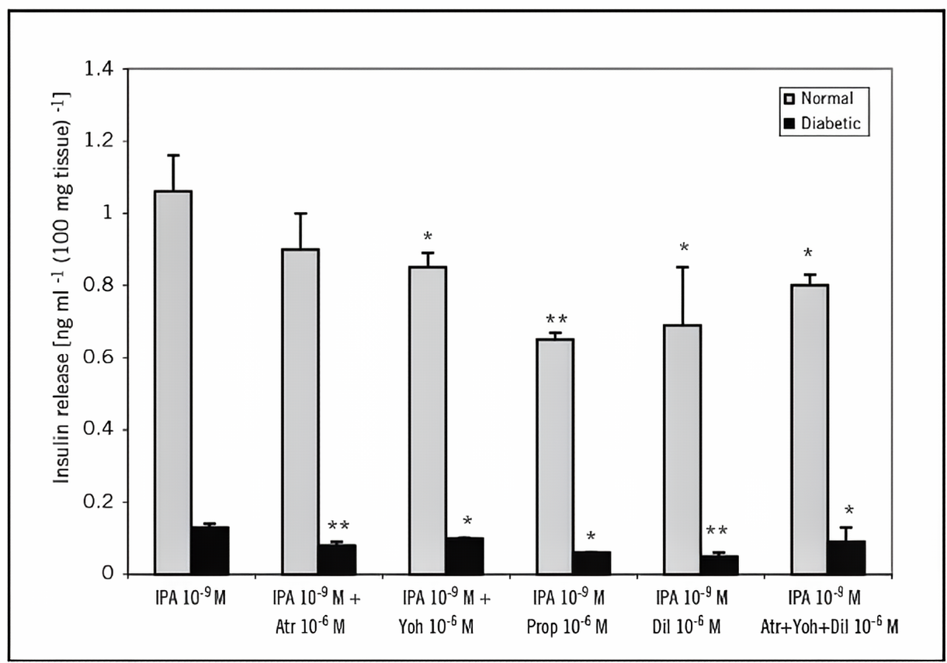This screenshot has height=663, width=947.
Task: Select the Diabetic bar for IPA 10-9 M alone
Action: click(210, 550)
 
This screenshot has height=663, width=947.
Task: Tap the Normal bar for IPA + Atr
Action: click(300, 411)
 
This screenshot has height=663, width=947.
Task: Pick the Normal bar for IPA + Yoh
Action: click(427, 420)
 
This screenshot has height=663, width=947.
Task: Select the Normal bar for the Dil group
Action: click(682, 450)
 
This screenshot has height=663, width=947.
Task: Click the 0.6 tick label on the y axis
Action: click(103, 358)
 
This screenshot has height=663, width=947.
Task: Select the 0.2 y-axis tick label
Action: click(103, 502)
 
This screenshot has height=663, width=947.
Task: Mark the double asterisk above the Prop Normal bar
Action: click(556, 319)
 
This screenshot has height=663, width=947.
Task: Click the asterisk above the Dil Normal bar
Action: click(684, 248)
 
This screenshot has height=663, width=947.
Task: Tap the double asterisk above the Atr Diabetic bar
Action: click(338, 526)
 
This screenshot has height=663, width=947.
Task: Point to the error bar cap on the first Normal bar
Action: click(174, 155)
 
